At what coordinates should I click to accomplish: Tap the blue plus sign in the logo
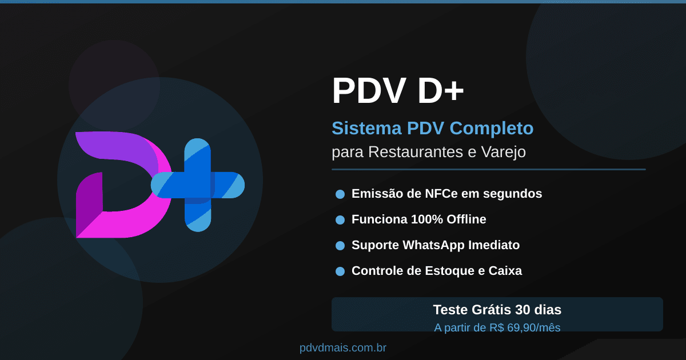pos(198,185)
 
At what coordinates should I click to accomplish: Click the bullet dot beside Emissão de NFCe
pos(340,194)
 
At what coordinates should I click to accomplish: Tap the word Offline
pos(466,219)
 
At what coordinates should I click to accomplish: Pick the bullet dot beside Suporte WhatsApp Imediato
pos(340,246)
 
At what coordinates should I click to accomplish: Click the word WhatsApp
pos(433,245)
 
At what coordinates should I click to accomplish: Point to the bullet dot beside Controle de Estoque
pos(340,271)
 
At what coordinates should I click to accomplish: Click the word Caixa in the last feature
pos(505,271)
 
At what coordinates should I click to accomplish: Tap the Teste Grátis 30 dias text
pos(497,310)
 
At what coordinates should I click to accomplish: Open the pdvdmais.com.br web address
pos(343,348)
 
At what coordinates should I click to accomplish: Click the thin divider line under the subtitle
pos(488,169)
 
